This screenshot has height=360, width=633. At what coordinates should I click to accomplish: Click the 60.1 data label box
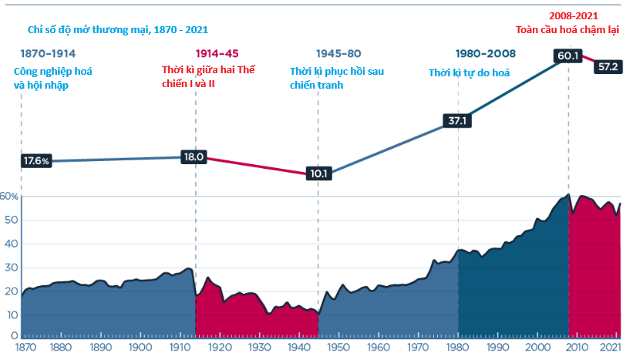pyautogui.click(x=569, y=56)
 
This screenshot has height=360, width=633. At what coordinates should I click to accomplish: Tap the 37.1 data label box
pyautogui.click(x=459, y=121)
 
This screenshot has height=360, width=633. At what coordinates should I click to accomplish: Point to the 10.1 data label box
pyautogui.click(x=318, y=173)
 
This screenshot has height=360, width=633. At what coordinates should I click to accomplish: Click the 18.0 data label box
pyautogui.click(x=193, y=156)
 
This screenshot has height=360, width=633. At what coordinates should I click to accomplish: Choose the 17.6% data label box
pyautogui.click(x=37, y=161)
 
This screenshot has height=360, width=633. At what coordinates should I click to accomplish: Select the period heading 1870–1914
pyautogui.click(x=48, y=54)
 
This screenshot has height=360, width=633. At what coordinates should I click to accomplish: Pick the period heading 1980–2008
pyautogui.click(x=485, y=54)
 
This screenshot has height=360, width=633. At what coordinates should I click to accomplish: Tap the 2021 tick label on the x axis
pyautogui.click(x=612, y=348)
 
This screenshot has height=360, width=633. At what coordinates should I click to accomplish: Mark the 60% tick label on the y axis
pyautogui.click(x=9, y=197)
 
